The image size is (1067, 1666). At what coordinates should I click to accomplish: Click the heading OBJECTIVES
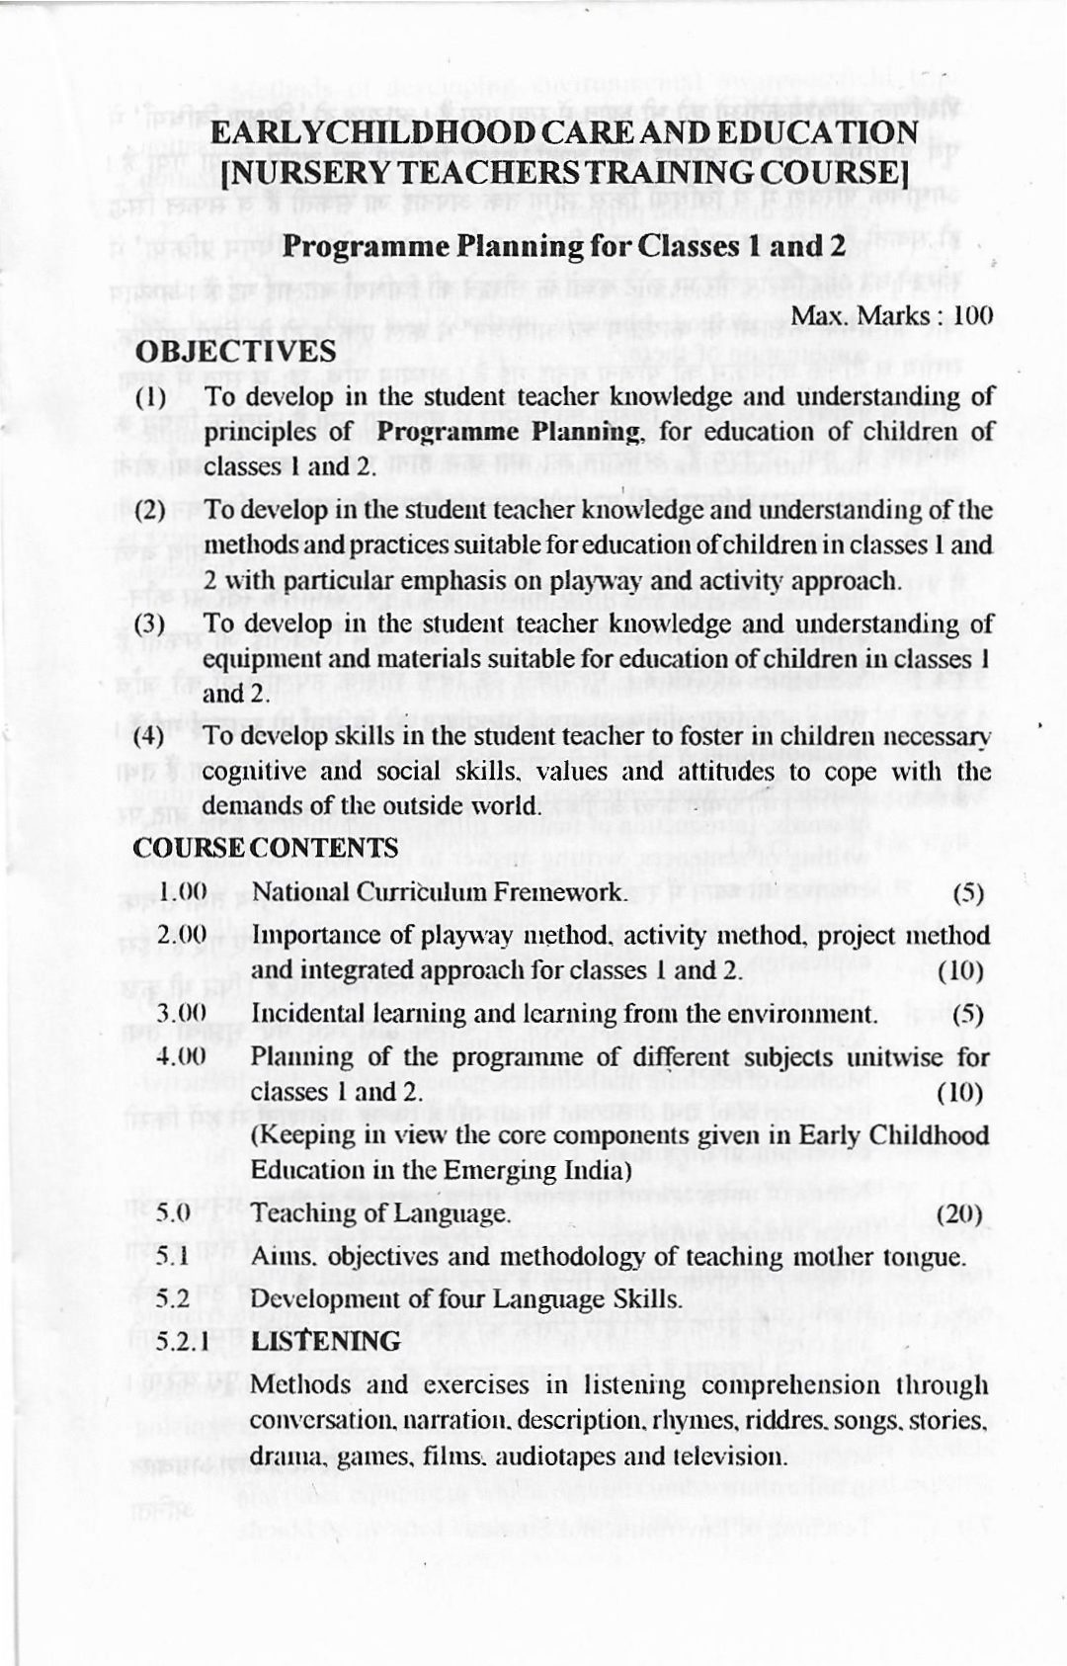click(235, 351)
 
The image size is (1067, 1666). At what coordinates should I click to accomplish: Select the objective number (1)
click(150, 397)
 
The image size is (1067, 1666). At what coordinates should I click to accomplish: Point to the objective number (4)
click(149, 736)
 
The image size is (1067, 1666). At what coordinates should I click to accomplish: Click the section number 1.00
click(183, 891)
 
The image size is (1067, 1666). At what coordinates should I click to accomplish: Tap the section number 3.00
click(182, 1013)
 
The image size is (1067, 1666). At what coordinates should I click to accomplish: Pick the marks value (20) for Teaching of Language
click(961, 1213)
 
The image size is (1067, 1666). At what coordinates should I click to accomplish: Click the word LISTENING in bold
click(326, 1341)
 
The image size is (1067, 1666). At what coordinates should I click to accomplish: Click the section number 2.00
click(182, 935)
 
